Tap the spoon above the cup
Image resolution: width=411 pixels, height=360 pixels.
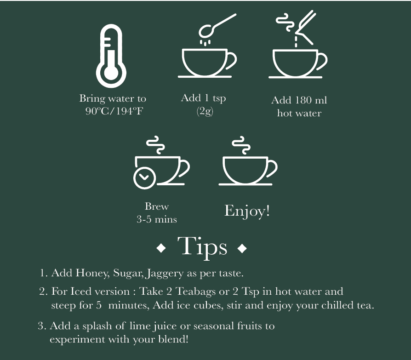tap(216, 27)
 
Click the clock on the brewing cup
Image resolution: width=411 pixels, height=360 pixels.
tap(144, 177)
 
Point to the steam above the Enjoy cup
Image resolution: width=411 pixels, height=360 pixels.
tap(241, 145)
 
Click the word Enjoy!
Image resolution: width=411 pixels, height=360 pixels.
tap(247, 211)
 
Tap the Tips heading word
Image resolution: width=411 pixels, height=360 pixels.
tap(202, 247)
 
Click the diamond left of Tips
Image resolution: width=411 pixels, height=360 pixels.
tap(161, 248)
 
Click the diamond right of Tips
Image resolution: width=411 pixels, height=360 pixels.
tap(242, 248)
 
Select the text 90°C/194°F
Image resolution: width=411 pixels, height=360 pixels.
tap(114, 111)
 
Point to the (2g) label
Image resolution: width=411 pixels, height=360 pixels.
tap(205, 111)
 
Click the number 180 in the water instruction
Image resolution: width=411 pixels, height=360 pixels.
tap(303, 100)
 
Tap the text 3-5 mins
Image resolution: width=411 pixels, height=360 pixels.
tap(157, 219)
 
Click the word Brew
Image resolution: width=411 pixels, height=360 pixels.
tap(156, 206)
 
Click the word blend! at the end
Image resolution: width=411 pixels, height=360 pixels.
tap(173, 339)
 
